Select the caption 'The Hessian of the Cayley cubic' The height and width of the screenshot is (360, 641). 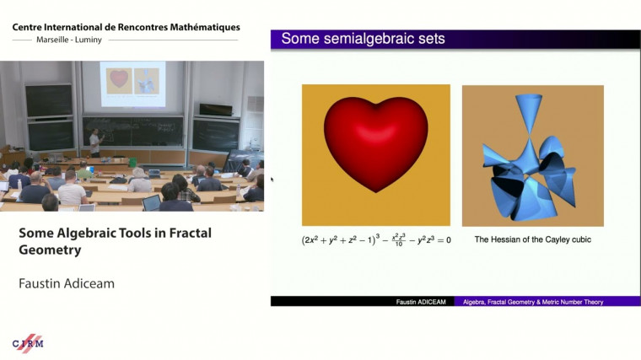532,239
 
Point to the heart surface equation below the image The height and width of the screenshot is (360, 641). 376,239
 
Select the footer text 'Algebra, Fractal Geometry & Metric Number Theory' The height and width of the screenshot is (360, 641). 533,301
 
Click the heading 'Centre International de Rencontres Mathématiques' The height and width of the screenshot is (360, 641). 126,28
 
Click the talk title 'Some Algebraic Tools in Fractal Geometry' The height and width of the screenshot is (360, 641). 115,240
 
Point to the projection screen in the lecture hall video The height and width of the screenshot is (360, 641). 132,83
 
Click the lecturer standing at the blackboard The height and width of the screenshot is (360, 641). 95,142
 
